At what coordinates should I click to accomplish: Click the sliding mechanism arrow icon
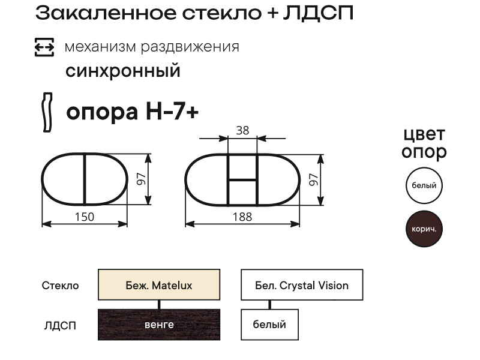pyautogui.click(x=44, y=47)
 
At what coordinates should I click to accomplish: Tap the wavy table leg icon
pyautogui.click(x=47, y=112)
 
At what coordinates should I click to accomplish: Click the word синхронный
pyautogui.click(x=123, y=71)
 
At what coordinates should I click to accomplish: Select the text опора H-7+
pyautogui.click(x=132, y=112)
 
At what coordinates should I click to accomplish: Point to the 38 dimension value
pyautogui.click(x=242, y=131)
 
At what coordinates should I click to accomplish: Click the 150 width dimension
pyautogui.click(x=85, y=217)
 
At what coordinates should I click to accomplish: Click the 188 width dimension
pyautogui.click(x=242, y=217)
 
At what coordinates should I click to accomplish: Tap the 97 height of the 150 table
pyautogui.click(x=142, y=179)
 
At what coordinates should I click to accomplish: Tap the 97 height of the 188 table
pyautogui.click(x=314, y=179)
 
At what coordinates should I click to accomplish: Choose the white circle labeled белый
pyautogui.click(x=424, y=185)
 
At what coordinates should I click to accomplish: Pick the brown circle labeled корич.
pyautogui.click(x=424, y=229)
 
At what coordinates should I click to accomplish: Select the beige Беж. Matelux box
pyautogui.click(x=159, y=284)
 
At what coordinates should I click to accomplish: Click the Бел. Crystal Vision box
pyautogui.click(x=302, y=284)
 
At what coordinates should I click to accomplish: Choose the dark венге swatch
pyautogui.click(x=159, y=325)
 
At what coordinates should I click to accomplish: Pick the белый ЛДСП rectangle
pyautogui.click(x=269, y=325)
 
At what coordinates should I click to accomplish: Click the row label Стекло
pyautogui.click(x=61, y=286)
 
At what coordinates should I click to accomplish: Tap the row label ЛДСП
pyautogui.click(x=60, y=325)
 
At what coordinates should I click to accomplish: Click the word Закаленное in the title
pyautogui.click(x=106, y=13)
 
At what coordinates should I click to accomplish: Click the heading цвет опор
pyautogui.click(x=424, y=143)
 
